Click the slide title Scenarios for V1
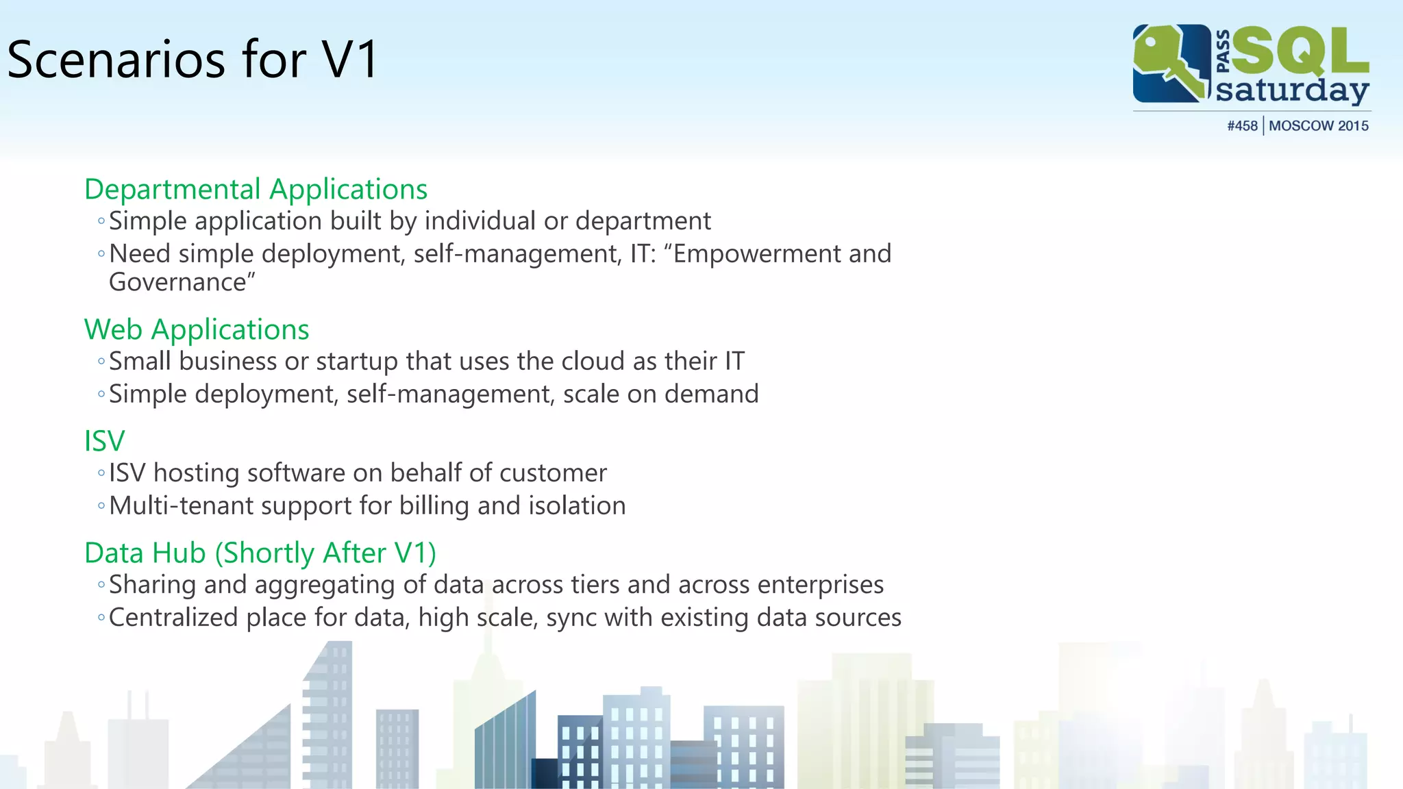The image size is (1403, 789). pyautogui.click(x=192, y=60)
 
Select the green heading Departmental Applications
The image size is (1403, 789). pyautogui.click(x=256, y=189)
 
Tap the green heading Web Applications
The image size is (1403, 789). pyautogui.click(x=197, y=329)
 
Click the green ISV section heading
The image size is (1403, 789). pyautogui.click(x=104, y=441)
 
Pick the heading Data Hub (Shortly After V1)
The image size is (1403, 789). pyautogui.click(x=260, y=553)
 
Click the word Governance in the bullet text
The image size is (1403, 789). pyautogui.click(x=178, y=282)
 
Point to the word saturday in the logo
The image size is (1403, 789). pyautogui.click(x=1291, y=90)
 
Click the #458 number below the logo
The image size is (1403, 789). pyautogui.click(x=1242, y=126)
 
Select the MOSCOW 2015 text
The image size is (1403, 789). pyautogui.click(x=1318, y=126)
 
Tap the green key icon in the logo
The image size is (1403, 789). pyautogui.click(x=1168, y=62)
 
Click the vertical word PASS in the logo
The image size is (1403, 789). pyautogui.click(x=1223, y=51)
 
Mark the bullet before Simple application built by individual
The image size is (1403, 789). pyautogui.click(x=101, y=221)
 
